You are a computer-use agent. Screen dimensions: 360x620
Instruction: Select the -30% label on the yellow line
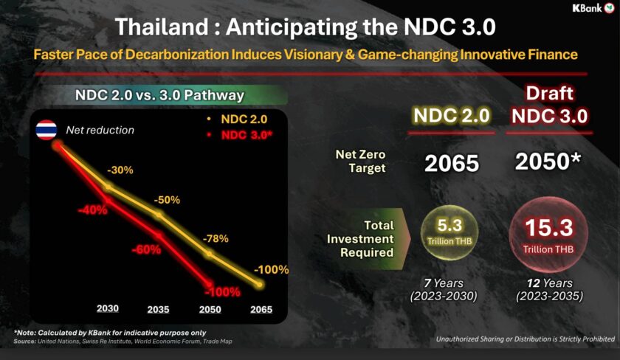(120, 170)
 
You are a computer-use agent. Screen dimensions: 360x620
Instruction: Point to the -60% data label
(145, 249)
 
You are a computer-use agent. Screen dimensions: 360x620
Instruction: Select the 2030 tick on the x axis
(108, 308)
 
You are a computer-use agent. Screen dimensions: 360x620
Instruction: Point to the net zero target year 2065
(451, 164)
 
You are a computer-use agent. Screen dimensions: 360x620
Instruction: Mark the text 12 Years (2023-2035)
(548, 290)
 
